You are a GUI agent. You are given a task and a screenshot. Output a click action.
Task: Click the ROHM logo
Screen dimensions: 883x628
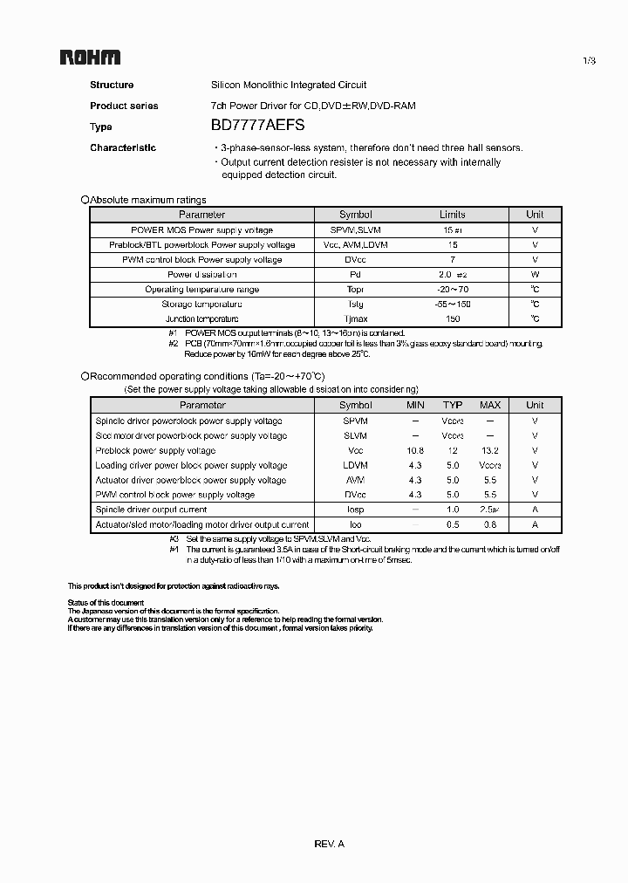point(90,58)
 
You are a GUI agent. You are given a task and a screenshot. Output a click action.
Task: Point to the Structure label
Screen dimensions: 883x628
point(112,85)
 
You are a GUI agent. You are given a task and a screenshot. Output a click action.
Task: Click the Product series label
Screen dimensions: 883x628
point(124,106)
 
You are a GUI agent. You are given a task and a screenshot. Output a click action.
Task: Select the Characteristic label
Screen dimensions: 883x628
point(123,147)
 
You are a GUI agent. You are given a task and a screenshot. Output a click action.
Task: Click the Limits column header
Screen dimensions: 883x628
point(453,215)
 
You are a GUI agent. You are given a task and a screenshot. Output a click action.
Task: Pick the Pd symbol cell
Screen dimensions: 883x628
point(355,274)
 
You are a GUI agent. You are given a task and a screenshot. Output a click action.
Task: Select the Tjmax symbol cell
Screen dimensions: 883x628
point(355,319)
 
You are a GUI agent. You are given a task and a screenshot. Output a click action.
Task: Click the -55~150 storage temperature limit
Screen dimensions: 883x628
point(453,304)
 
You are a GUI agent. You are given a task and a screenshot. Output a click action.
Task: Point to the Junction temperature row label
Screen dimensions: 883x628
point(201,319)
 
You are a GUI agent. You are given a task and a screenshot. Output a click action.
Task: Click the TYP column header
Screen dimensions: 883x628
point(453,405)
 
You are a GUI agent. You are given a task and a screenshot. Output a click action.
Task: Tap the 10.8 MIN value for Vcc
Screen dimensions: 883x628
point(415,450)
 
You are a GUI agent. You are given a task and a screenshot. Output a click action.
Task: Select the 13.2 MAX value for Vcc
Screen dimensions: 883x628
point(490,450)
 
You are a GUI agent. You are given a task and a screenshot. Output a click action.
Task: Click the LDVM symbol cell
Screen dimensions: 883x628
point(355,465)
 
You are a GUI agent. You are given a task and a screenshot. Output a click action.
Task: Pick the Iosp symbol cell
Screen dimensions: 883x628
point(355,510)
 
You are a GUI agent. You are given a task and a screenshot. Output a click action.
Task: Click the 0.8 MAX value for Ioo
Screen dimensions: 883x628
point(490,525)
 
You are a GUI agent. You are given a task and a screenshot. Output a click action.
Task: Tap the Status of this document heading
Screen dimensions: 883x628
point(106,603)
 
